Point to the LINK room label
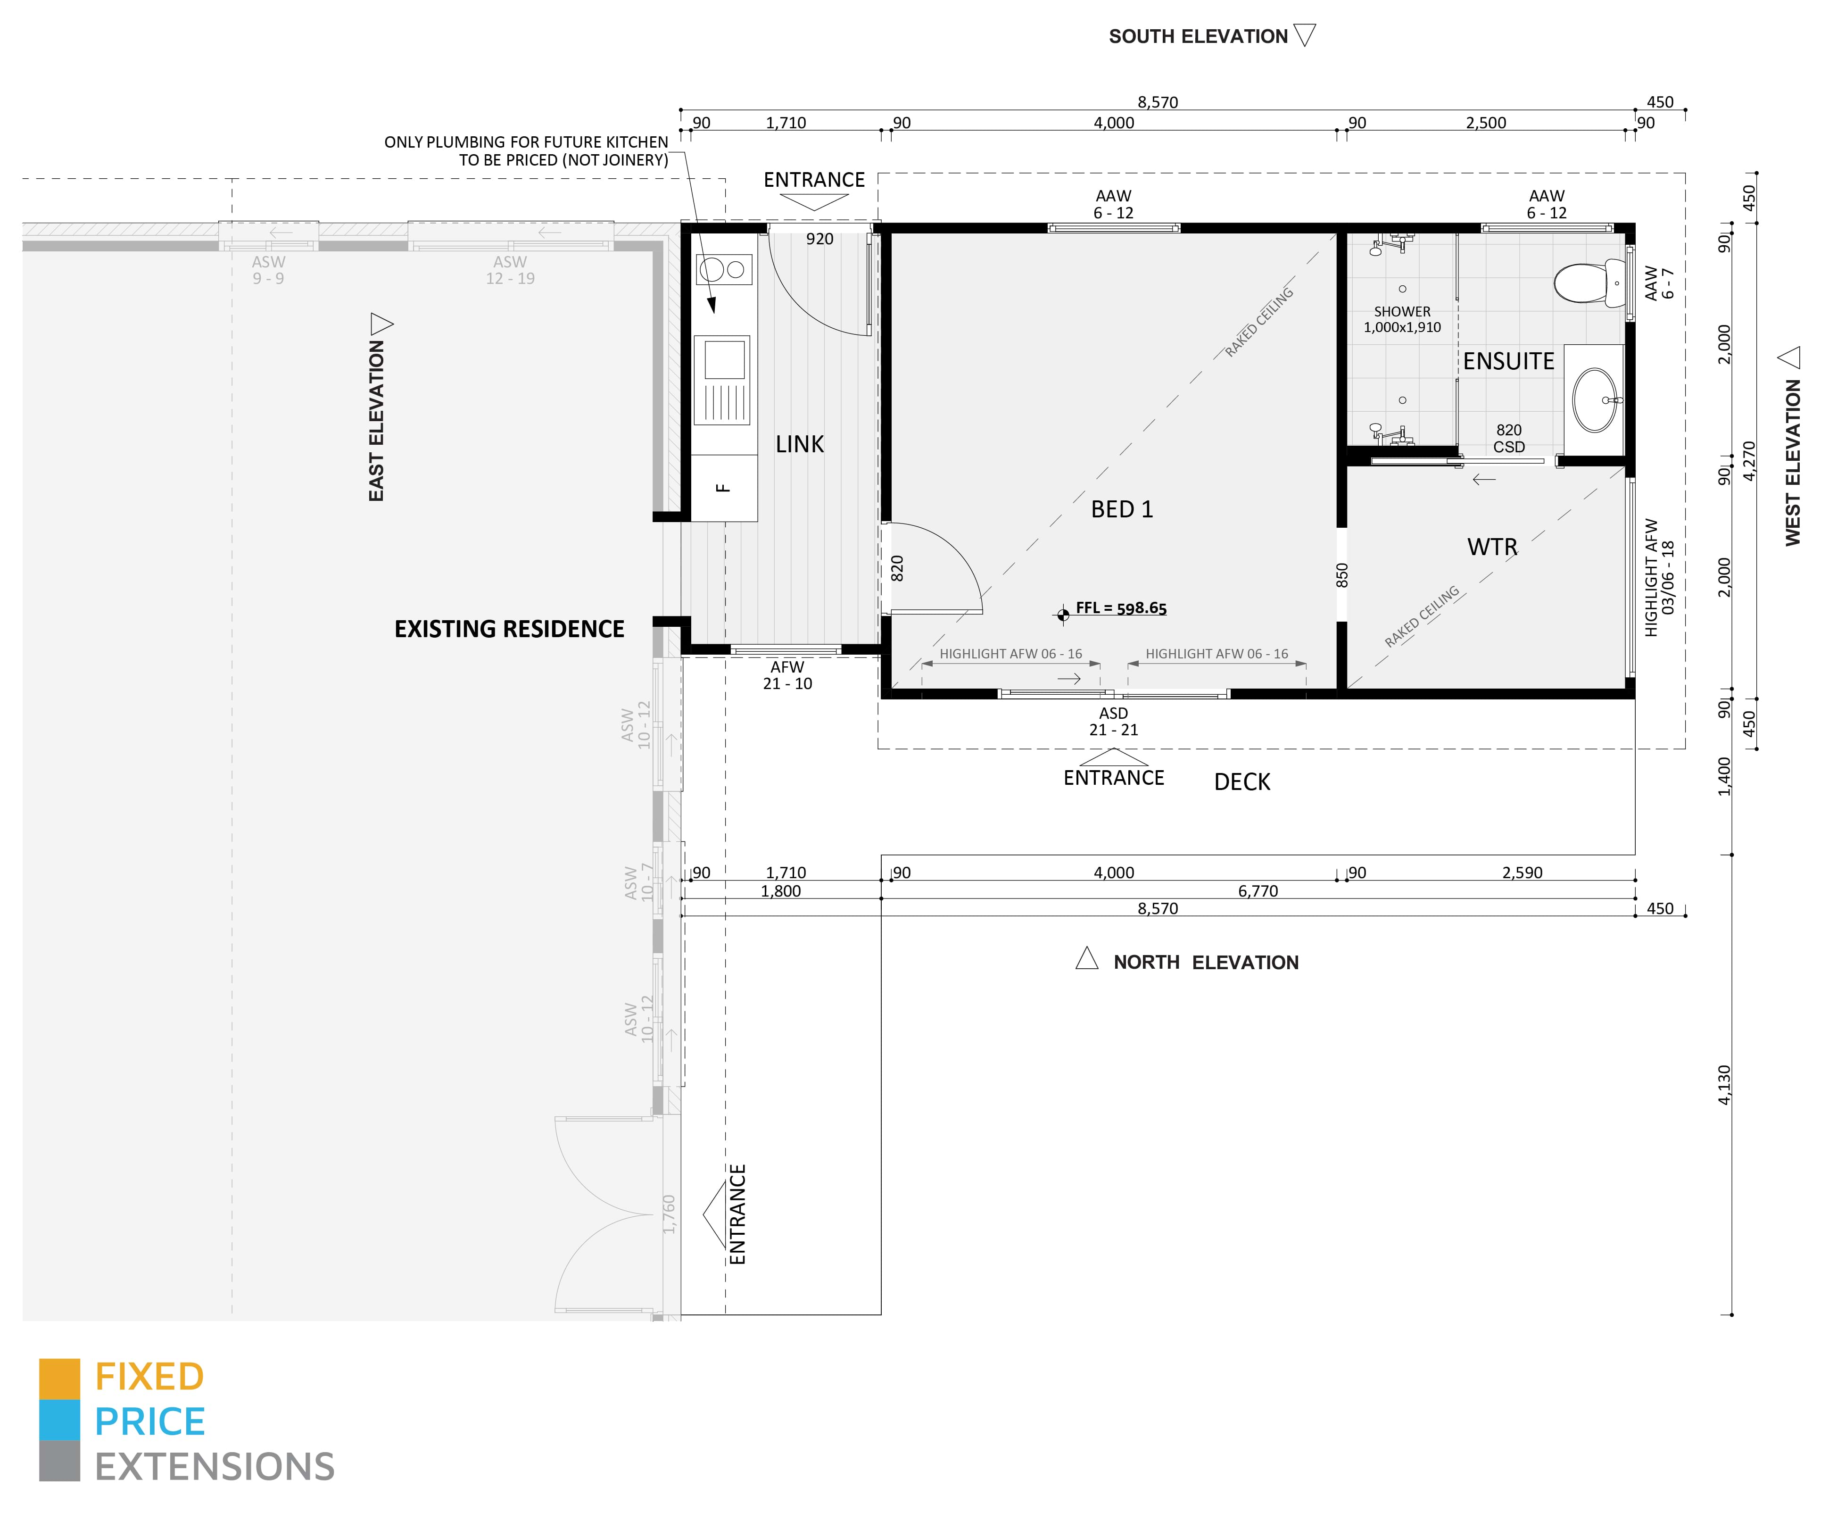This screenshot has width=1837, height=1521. [x=800, y=445]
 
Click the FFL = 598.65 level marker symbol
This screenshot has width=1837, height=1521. [x=1063, y=615]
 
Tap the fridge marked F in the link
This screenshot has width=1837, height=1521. [x=723, y=488]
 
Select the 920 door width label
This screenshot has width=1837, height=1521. [x=819, y=239]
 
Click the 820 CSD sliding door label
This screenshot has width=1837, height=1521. [x=1509, y=439]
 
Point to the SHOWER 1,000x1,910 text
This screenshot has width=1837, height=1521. [x=1402, y=319]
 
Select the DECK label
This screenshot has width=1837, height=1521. [x=1242, y=782]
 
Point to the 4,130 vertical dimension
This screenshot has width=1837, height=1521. [x=1724, y=1085]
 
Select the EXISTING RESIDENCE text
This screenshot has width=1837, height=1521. [x=509, y=629]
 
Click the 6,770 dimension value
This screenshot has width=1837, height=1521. [x=1258, y=891]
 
